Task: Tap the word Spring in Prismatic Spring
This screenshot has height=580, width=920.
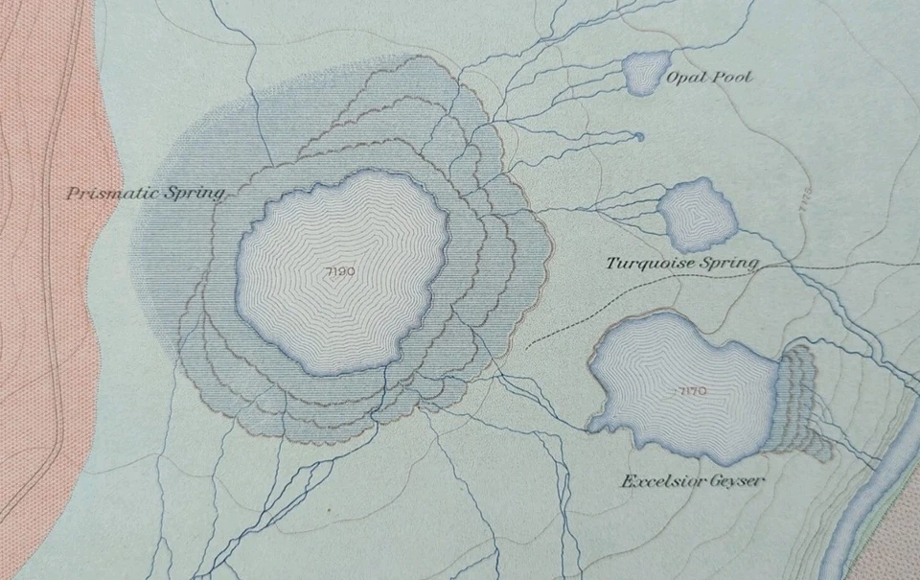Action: click(195, 193)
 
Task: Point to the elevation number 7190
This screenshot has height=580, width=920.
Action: click(340, 271)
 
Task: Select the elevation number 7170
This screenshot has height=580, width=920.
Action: click(691, 390)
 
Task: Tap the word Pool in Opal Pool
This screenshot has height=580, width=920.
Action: click(732, 77)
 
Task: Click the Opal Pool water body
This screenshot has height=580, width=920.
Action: click(644, 72)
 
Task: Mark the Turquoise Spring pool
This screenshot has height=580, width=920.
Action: click(699, 214)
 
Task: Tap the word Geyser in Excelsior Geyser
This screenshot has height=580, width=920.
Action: click(739, 480)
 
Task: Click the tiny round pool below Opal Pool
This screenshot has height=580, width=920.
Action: click(639, 136)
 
